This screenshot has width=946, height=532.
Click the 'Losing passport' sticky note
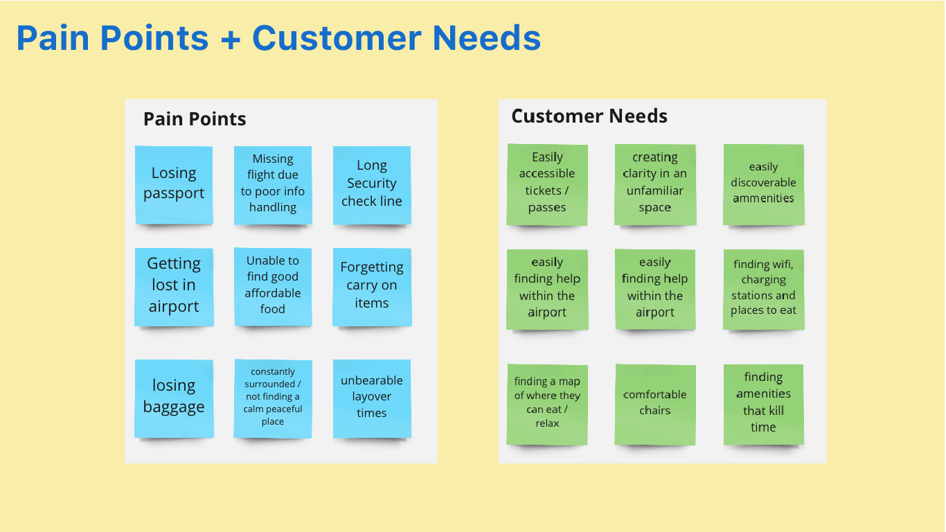point(174,184)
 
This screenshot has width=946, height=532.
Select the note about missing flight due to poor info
point(273,184)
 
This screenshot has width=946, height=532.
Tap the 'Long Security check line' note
point(372,184)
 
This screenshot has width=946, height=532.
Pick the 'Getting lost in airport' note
point(174,286)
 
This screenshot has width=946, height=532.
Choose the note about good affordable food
point(273,285)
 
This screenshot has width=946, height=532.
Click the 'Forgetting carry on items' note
point(372,286)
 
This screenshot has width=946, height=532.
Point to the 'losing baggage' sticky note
point(174,397)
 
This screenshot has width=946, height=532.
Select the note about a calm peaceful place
point(273,398)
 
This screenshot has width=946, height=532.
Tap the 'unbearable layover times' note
point(372,398)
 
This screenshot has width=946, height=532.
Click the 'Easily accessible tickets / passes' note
point(547,184)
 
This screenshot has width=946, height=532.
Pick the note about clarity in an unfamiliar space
point(654,184)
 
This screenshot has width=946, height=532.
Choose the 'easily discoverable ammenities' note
point(763,184)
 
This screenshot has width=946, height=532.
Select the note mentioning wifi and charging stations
point(763,288)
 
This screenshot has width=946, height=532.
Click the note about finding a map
point(547,403)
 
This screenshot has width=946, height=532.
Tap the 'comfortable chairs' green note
point(654,403)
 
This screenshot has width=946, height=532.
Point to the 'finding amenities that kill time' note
point(763,403)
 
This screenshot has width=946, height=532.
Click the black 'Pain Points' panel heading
point(195,119)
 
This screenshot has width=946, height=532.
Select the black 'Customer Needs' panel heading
point(589,116)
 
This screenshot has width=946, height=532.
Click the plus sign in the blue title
point(229,39)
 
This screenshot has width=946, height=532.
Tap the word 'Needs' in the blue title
point(487,39)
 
